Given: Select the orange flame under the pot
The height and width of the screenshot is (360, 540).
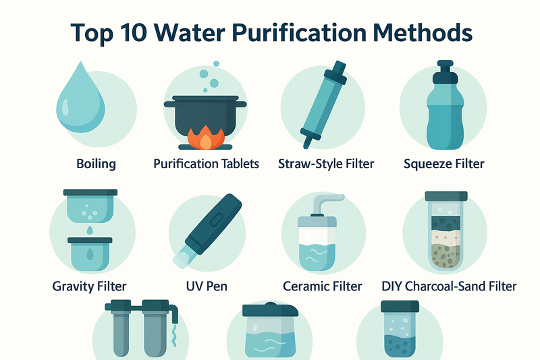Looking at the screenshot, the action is click(206, 138).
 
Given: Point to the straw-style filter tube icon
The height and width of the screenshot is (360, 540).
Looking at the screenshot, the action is click(324, 105).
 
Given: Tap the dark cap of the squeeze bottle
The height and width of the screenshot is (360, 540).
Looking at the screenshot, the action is click(445, 72).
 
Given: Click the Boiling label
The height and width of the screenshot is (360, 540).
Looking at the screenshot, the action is click(96, 164).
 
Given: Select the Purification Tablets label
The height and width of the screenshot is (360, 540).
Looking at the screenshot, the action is click(207, 163).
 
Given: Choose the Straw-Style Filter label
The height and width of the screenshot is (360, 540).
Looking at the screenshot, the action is click(326, 164).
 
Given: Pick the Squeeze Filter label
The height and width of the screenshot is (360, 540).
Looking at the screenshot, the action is click(444, 164).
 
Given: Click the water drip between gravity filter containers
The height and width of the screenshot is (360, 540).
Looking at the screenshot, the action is click(90, 230).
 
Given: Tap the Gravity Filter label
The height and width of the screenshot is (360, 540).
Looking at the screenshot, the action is click(90, 286).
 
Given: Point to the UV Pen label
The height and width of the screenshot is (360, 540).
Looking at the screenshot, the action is click(207, 286).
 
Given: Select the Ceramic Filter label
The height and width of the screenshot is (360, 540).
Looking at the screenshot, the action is click(323, 286).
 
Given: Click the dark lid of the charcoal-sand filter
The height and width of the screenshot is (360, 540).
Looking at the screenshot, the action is click(446, 197).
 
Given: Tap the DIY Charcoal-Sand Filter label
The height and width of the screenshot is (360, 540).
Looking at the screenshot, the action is click(449, 286).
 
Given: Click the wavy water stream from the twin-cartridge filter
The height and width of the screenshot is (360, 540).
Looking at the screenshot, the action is click(175, 336).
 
